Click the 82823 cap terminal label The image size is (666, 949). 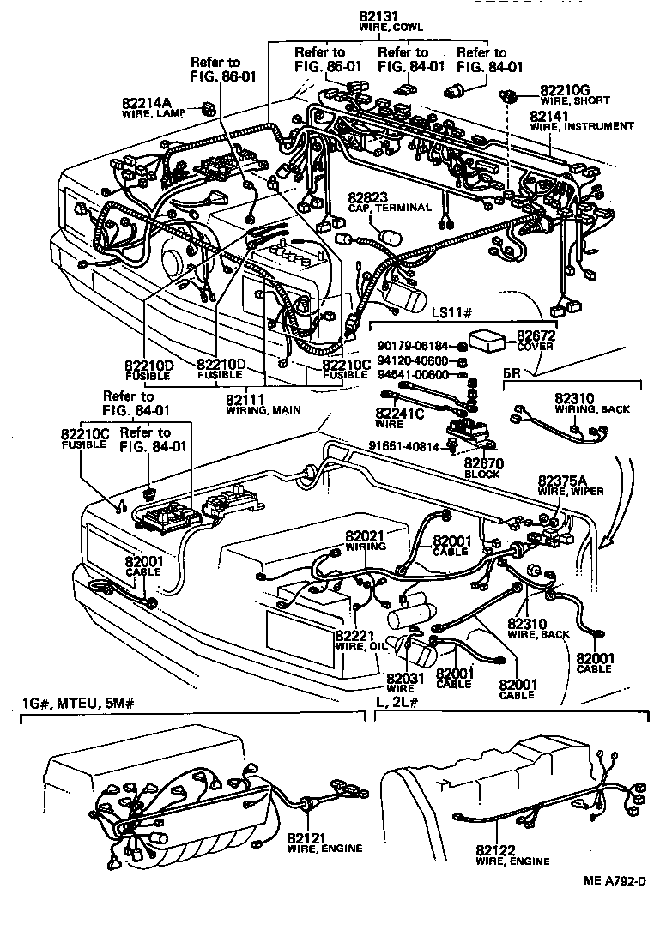(370, 197)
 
